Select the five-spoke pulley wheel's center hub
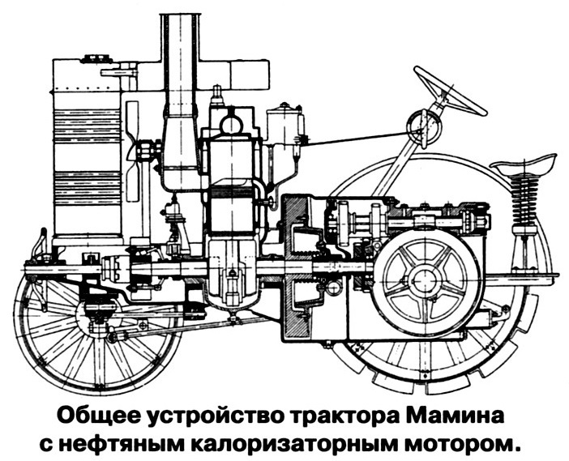[x=421, y=280]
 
